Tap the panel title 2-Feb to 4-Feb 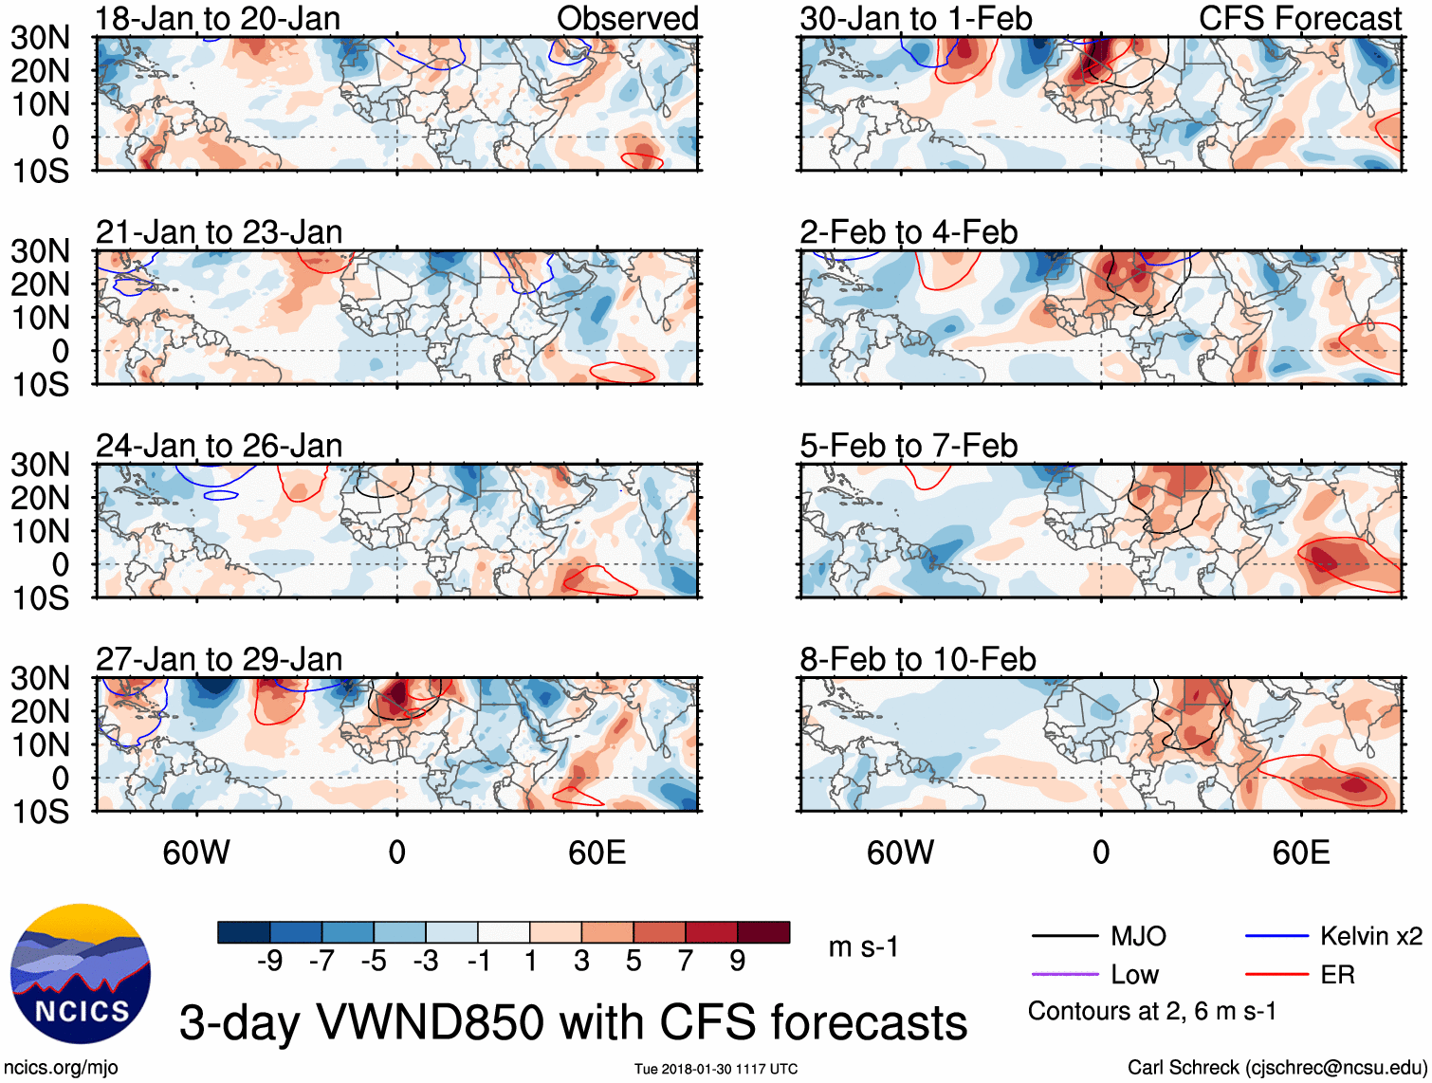(909, 232)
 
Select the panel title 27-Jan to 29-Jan (219, 659)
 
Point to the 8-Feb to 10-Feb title (918, 659)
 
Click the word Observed (627, 19)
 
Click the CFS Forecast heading (1299, 19)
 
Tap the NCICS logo (81, 974)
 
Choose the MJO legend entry (1138, 937)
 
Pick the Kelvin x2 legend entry (1370, 937)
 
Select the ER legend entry (1337, 975)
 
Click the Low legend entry (1134, 975)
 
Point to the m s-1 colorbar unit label (863, 946)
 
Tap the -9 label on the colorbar (269, 962)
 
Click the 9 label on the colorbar (738, 962)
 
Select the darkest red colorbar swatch (763, 932)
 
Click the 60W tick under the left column (196, 853)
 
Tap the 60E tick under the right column (1301, 853)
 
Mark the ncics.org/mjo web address (61, 1068)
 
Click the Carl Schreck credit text (1276, 1068)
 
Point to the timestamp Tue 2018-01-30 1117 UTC (716, 1070)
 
